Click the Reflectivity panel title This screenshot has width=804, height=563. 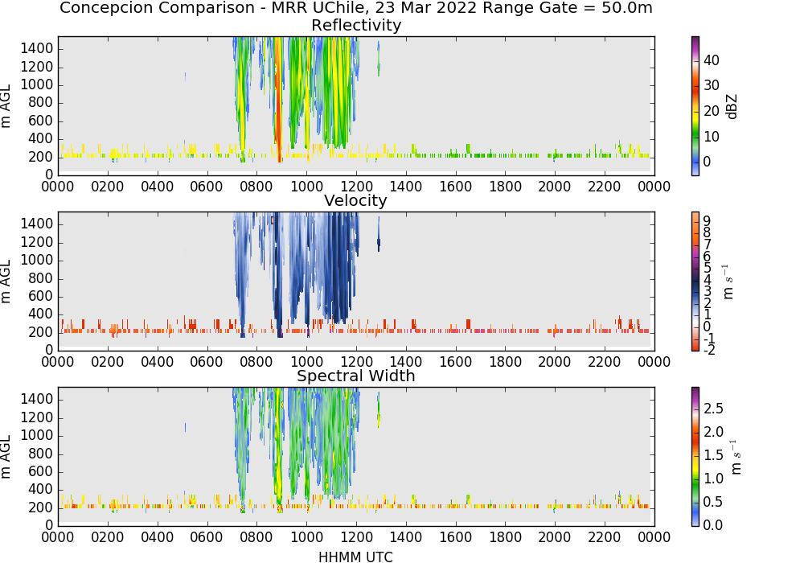(x=356, y=25)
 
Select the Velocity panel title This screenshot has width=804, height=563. (x=355, y=200)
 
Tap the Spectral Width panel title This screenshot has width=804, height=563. (x=356, y=376)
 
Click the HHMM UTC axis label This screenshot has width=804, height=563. (x=356, y=557)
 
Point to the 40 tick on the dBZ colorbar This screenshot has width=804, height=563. (x=712, y=60)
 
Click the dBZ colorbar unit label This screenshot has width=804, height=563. (x=732, y=107)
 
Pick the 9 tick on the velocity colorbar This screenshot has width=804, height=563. (x=707, y=221)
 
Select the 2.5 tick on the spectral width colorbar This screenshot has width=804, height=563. (x=713, y=409)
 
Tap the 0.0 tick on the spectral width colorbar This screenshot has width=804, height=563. (x=713, y=525)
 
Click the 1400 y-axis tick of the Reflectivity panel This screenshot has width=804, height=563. (x=37, y=49)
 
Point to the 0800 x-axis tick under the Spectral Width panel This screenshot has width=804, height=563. (x=256, y=537)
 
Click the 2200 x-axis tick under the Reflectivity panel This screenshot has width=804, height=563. (x=605, y=187)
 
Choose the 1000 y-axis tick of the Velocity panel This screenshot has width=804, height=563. (x=37, y=260)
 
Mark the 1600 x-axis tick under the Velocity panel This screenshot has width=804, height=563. (x=455, y=362)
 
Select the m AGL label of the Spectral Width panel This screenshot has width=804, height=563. (x=6, y=457)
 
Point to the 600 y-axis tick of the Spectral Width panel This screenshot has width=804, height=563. (x=41, y=471)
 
